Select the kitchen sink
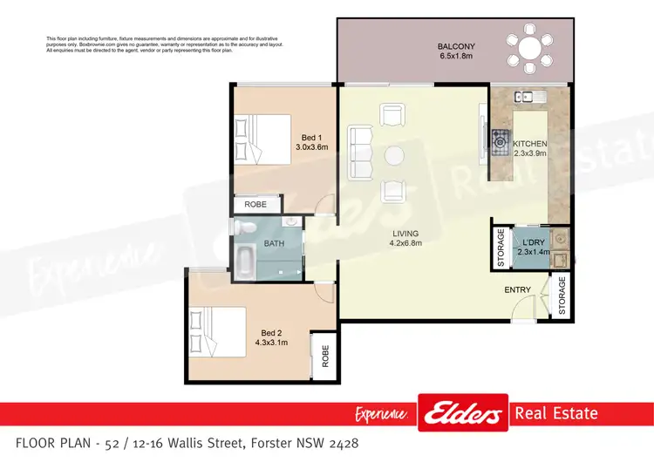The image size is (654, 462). pos(528,97)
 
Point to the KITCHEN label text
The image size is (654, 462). pos(529,144)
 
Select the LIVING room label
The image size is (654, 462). pos(405,234)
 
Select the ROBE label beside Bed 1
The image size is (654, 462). pos(255,205)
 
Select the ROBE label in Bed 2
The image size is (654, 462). pos(324,357)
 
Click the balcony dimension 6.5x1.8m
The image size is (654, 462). pos(455,58)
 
